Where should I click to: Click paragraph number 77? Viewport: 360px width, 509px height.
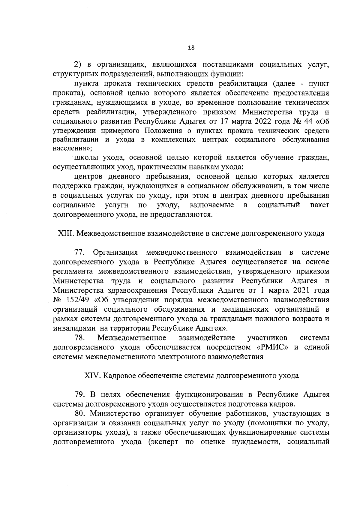point(80,252)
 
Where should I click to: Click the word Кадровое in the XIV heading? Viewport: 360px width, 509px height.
point(117,376)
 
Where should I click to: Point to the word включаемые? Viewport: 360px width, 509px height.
point(212,205)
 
